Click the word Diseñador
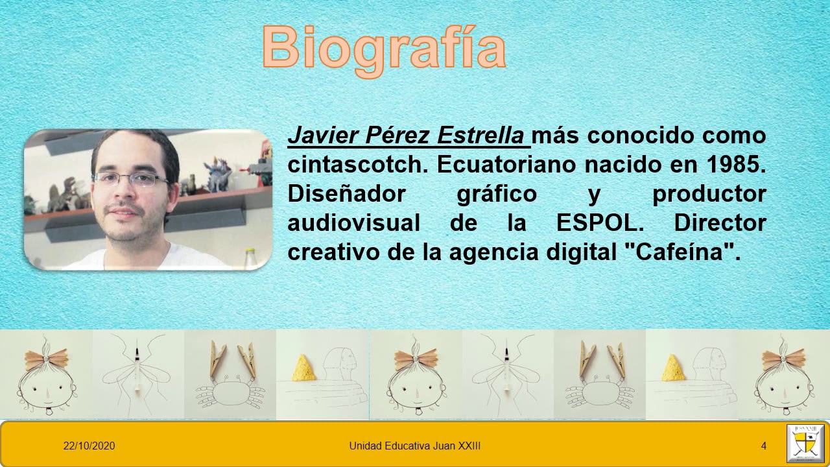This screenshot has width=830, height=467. [x=346, y=194]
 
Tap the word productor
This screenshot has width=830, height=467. [x=709, y=194]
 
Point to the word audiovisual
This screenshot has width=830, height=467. [x=353, y=223]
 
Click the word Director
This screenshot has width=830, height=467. [x=720, y=223]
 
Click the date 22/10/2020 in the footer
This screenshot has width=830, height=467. [x=89, y=446]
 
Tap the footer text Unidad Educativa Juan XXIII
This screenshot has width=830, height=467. [x=414, y=446]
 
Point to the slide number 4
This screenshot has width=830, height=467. [x=764, y=446]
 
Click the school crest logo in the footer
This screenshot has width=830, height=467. [x=805, y=444]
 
